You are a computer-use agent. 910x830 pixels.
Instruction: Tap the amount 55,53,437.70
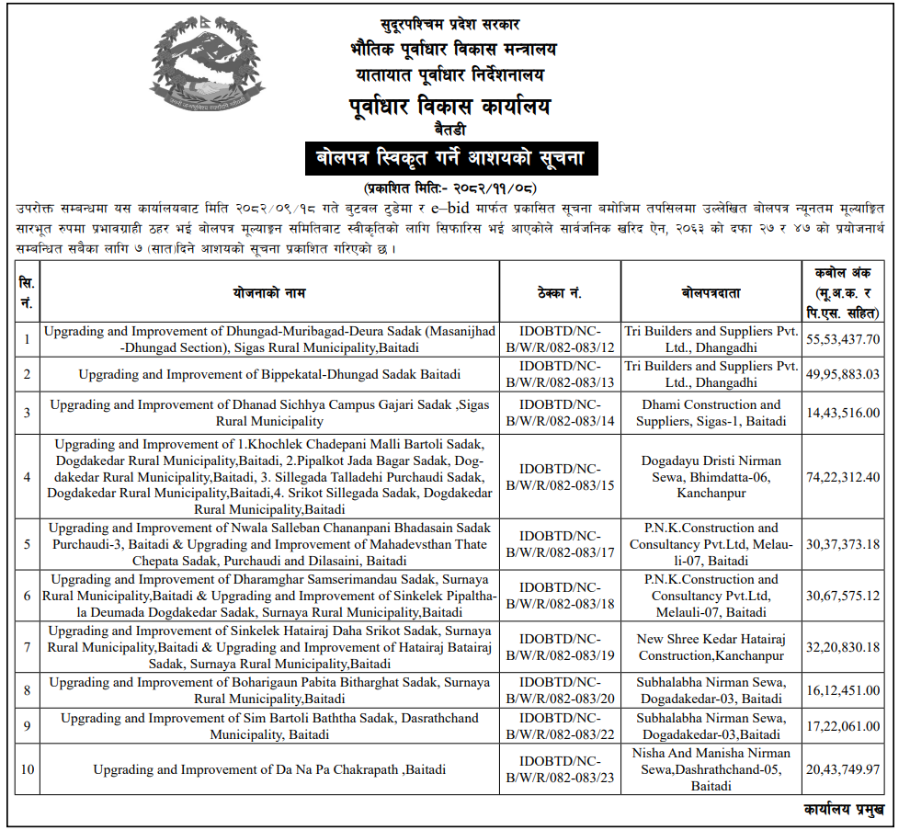(843, 339)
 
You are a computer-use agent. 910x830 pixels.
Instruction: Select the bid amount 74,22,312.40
(843, 477)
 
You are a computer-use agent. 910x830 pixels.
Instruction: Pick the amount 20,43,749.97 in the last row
(843, 769)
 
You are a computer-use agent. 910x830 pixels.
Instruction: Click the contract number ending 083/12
(560, 339)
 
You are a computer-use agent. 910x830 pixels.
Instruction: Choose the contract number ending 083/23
(560, 769)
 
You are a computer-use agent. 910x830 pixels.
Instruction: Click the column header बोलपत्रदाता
(711, 293)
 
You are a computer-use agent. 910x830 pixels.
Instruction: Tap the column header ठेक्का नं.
(560, 293)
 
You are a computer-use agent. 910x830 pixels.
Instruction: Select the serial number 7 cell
(28, 647)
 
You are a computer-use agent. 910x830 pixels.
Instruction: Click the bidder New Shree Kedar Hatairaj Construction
(711, 647)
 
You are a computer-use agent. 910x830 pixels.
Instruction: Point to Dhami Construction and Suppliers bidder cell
(711, 413)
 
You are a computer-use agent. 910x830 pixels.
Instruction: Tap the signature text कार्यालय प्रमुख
(843, 810)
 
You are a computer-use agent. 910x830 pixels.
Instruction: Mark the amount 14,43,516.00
(843, 413)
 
